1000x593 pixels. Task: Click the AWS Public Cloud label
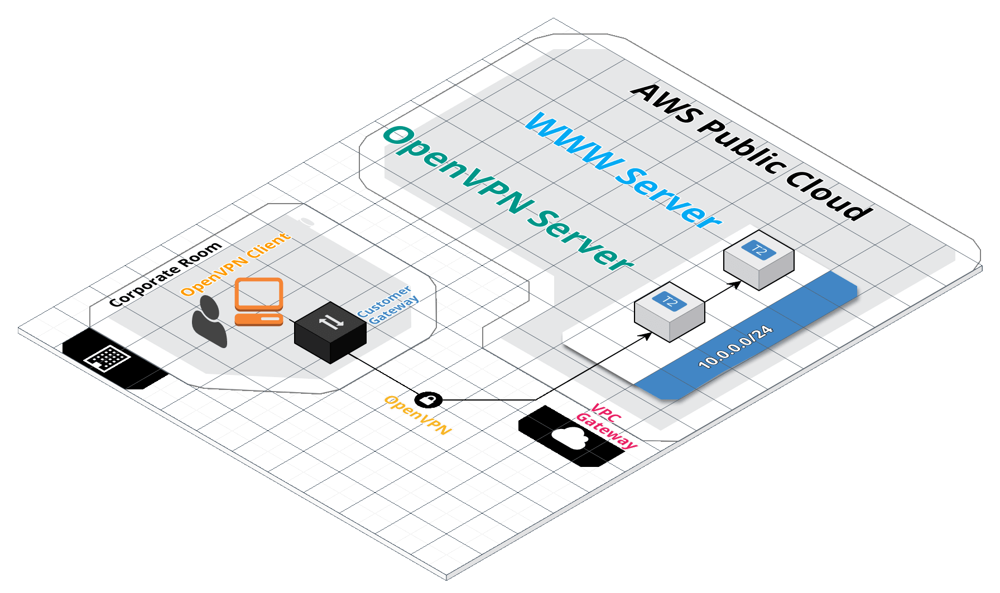point(751,151)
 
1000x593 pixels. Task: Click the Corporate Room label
point(165,274)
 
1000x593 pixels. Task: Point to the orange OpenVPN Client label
point(235,264)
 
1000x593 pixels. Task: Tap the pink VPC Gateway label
point(606,426)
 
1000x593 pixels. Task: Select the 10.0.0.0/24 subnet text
point(735,346)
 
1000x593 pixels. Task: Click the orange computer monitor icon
point(259,294)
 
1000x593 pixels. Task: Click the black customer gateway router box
point(330,332)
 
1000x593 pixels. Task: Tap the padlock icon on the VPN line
point(429,399)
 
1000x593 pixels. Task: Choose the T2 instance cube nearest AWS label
point(759,260)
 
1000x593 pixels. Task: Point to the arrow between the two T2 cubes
point(723,292)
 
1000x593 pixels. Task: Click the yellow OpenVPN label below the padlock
point(418,415)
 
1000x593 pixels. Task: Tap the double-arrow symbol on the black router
point(331,321)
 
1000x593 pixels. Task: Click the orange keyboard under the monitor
point(259,319)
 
